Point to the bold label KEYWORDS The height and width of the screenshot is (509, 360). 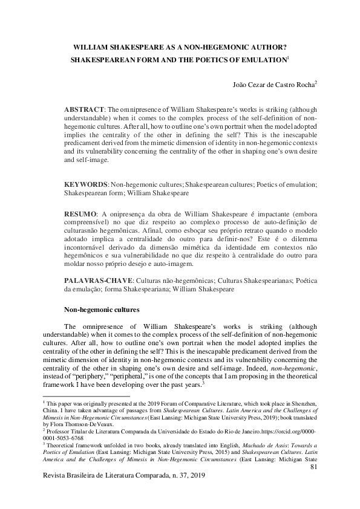85,184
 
